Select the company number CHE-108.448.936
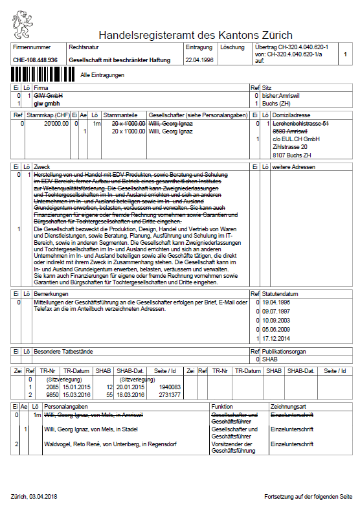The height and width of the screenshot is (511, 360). coord(35,60)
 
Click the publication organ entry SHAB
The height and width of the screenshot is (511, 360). coord(271,359)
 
